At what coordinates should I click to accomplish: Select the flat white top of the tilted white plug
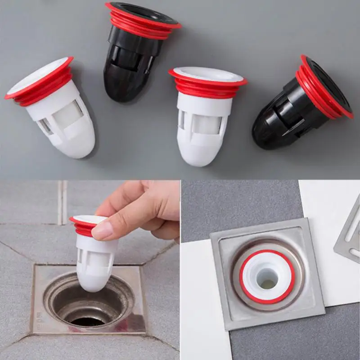(38, 76)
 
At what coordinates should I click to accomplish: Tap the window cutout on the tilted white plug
(67, 115)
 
